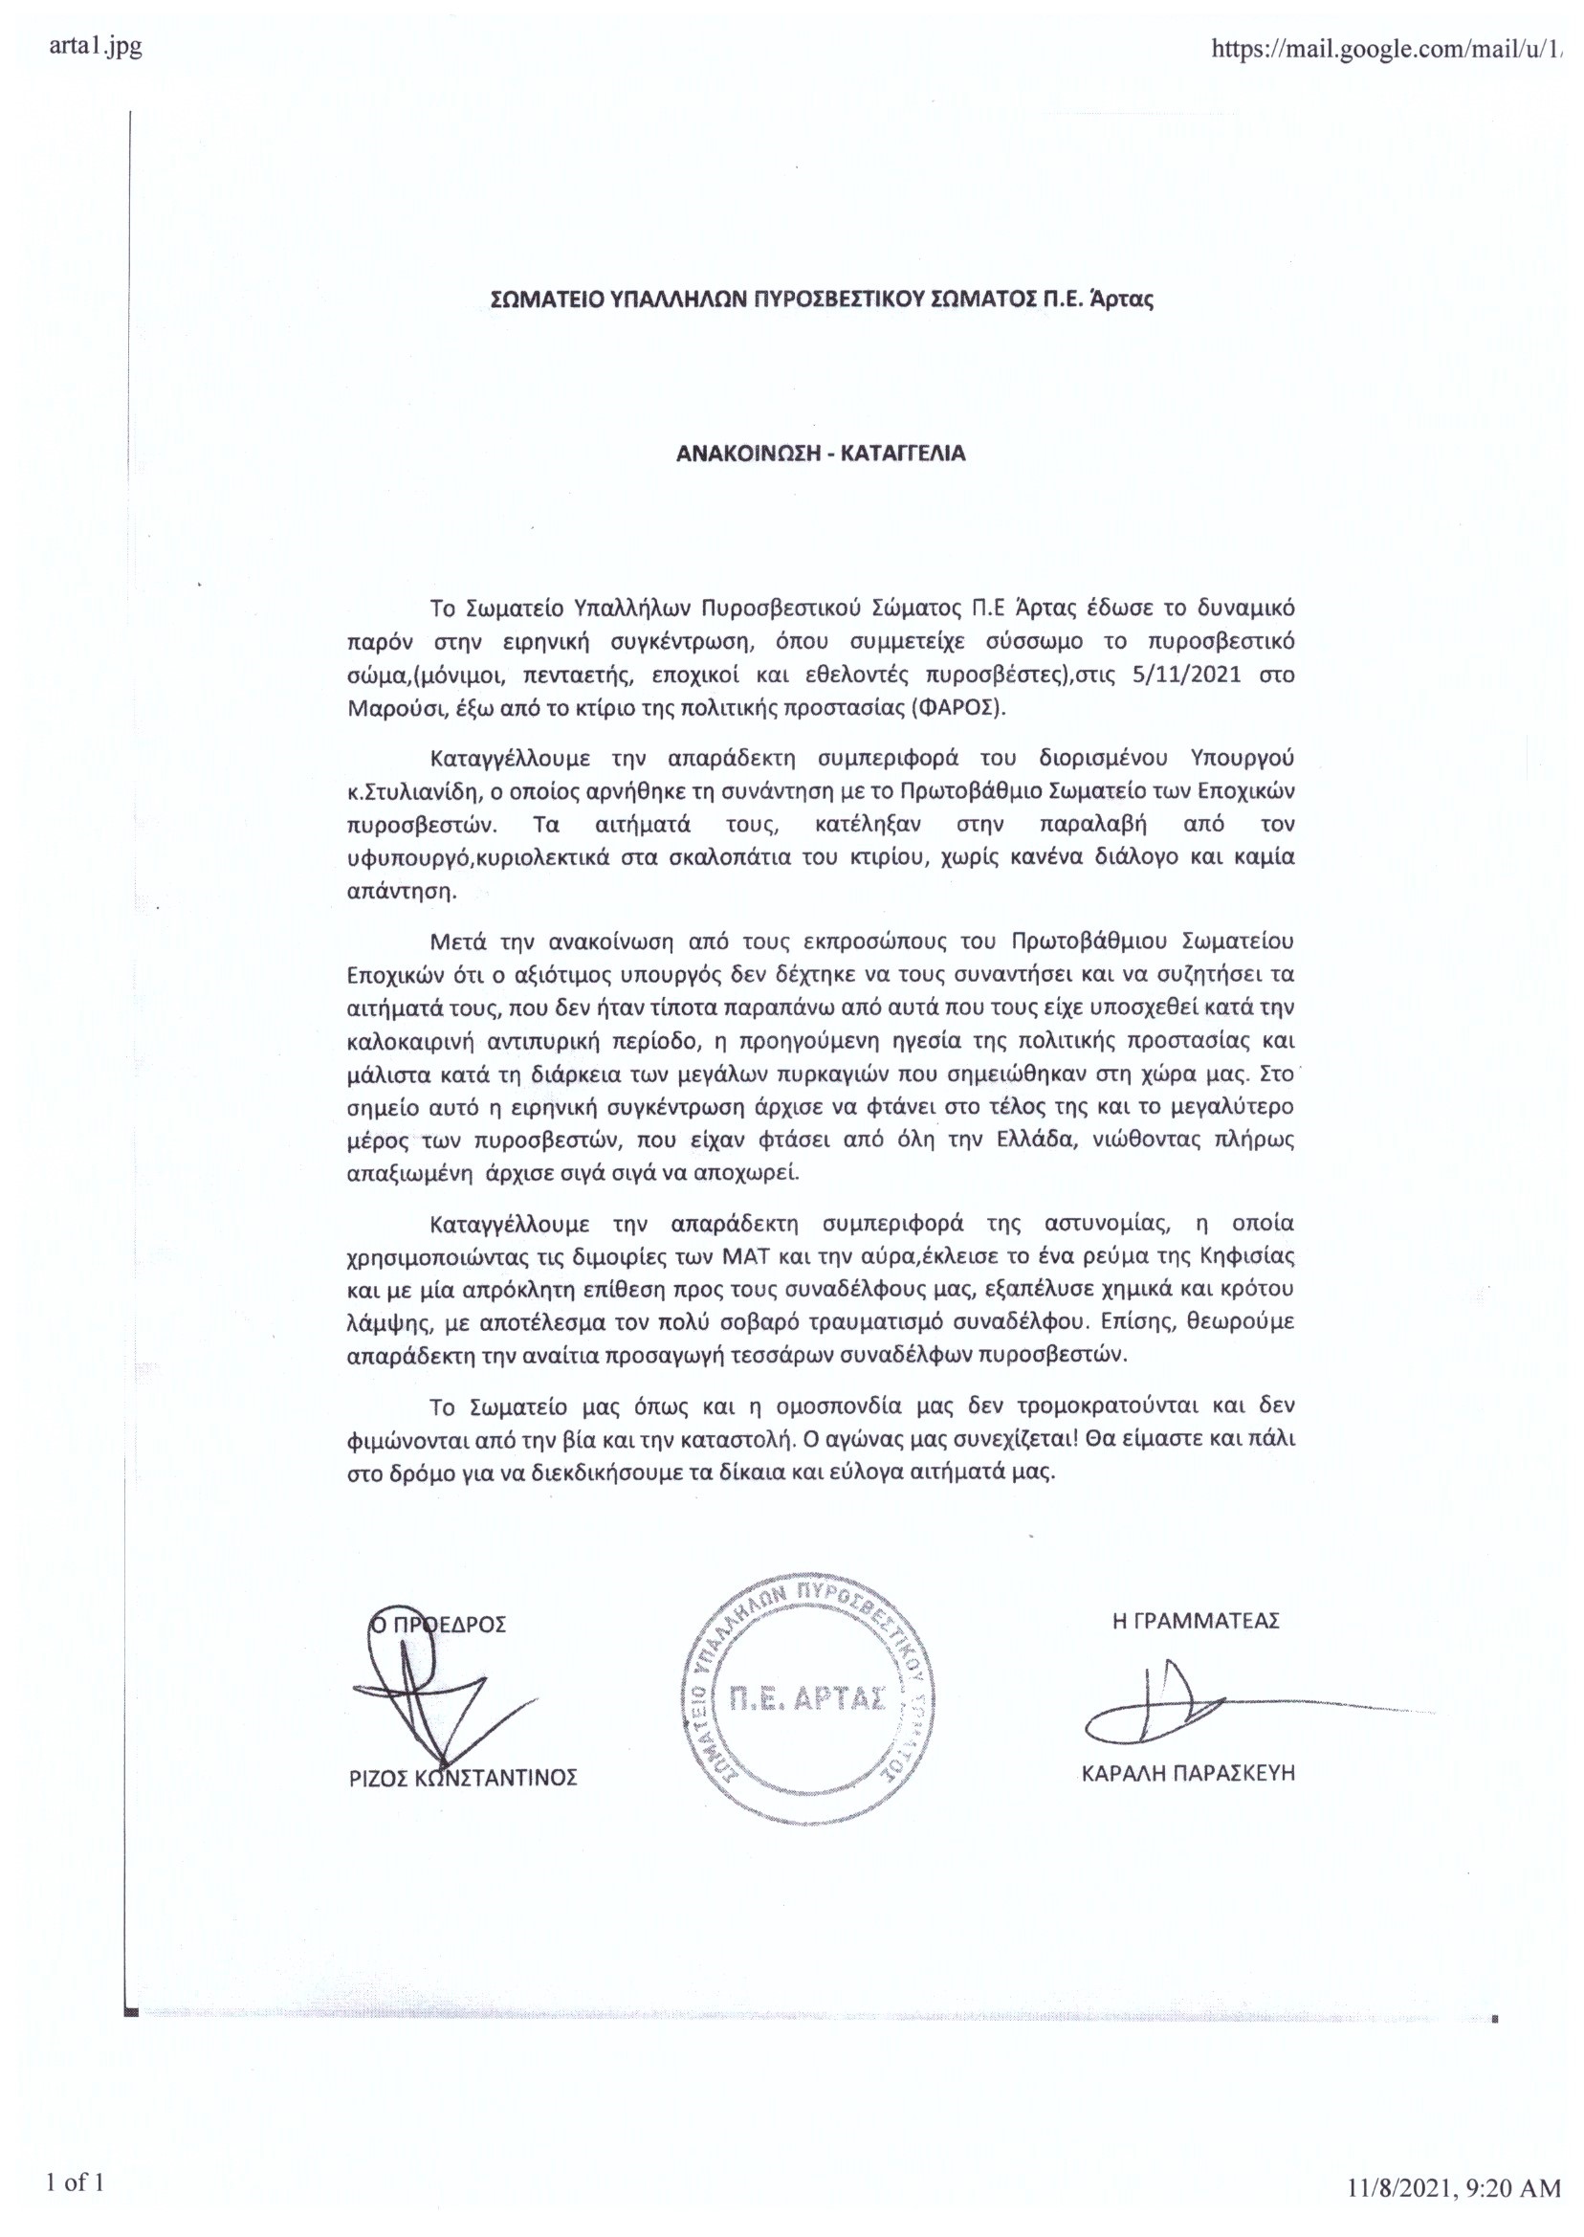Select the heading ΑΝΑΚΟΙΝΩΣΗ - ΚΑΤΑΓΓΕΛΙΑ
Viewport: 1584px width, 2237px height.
pos(821,453)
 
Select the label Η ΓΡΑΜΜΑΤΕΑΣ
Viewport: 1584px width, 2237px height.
pos(1195,1621)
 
